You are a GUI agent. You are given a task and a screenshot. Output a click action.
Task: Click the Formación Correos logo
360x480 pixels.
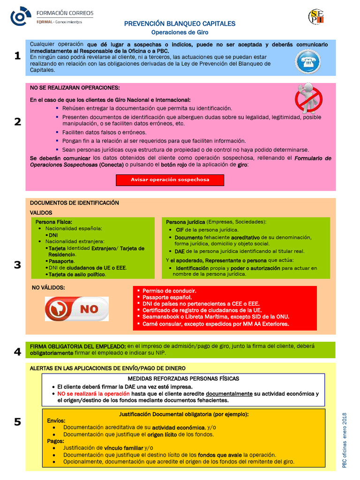(52, 16)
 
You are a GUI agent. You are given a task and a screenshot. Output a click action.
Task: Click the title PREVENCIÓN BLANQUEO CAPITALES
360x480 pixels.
(180, 23)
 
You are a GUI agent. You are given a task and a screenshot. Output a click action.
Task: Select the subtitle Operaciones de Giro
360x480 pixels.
(180, 32)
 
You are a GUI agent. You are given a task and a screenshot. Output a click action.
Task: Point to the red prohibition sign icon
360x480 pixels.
(308, 97)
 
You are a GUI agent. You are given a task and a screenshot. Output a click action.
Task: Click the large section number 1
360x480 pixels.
(17, 56)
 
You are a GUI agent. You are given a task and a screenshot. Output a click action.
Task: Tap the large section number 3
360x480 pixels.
(17, 265)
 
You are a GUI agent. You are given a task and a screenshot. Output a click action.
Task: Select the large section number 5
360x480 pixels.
(17, 422)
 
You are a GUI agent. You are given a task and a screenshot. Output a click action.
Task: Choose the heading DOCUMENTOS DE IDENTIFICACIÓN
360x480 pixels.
(75, 203)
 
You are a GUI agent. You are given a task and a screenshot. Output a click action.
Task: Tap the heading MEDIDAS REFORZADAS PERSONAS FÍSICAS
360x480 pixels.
(183, 378)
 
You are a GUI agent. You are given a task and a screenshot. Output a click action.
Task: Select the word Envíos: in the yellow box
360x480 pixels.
(56, 421)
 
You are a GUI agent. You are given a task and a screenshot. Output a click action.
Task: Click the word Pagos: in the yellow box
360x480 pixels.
(56, 441)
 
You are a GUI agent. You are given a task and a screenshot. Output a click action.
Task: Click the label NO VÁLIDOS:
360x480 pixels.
(48, 287)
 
